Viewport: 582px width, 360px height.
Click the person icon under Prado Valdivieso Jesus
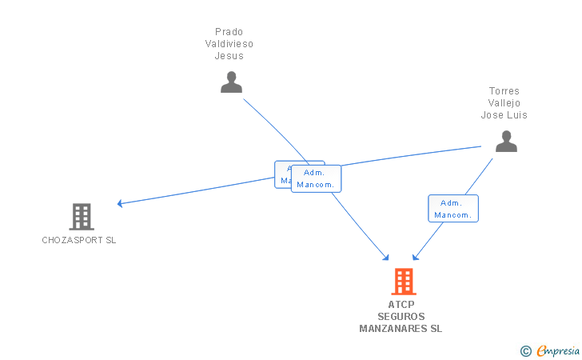pos(231,82)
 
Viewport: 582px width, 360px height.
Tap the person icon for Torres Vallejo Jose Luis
pos(506,141)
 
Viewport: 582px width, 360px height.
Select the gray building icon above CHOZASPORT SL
pos(81,216)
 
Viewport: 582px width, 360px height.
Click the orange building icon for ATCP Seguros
pos(404,281)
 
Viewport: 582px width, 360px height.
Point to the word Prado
pos(229,32)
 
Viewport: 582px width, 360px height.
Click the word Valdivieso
pos(229,44)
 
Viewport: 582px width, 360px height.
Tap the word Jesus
pos(229,56)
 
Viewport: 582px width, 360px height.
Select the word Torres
pos(504,91)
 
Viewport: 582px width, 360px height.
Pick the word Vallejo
pos(504,103)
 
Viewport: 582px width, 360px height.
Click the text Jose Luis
pos(504,115)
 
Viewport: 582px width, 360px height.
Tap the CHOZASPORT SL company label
pos(79,240)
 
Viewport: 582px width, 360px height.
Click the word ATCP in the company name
pos(401,305)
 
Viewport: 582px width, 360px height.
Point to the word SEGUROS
pos(401,317)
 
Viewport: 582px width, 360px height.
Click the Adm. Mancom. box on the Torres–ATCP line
pos(453,208)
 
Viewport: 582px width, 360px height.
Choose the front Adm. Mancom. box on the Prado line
pos(317,178)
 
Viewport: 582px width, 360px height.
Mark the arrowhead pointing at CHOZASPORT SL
pos(120,203)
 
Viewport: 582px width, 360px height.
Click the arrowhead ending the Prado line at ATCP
pos(386,258)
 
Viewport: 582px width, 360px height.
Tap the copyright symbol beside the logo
pos(525,350)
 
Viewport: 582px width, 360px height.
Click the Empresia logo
pos(558,350)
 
